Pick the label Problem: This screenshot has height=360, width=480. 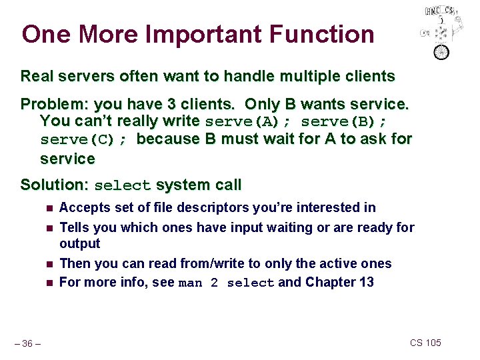coord(51,105)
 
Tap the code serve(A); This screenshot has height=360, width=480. coord(248,121)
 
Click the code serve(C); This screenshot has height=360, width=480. coord(85,140)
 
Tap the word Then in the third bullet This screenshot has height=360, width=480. coord(74,263)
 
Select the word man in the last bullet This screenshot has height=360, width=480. coord(191,283)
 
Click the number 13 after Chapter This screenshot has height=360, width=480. coord(366,282)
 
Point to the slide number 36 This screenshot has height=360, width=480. coord(27,343)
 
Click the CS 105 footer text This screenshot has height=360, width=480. coord(425,343)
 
